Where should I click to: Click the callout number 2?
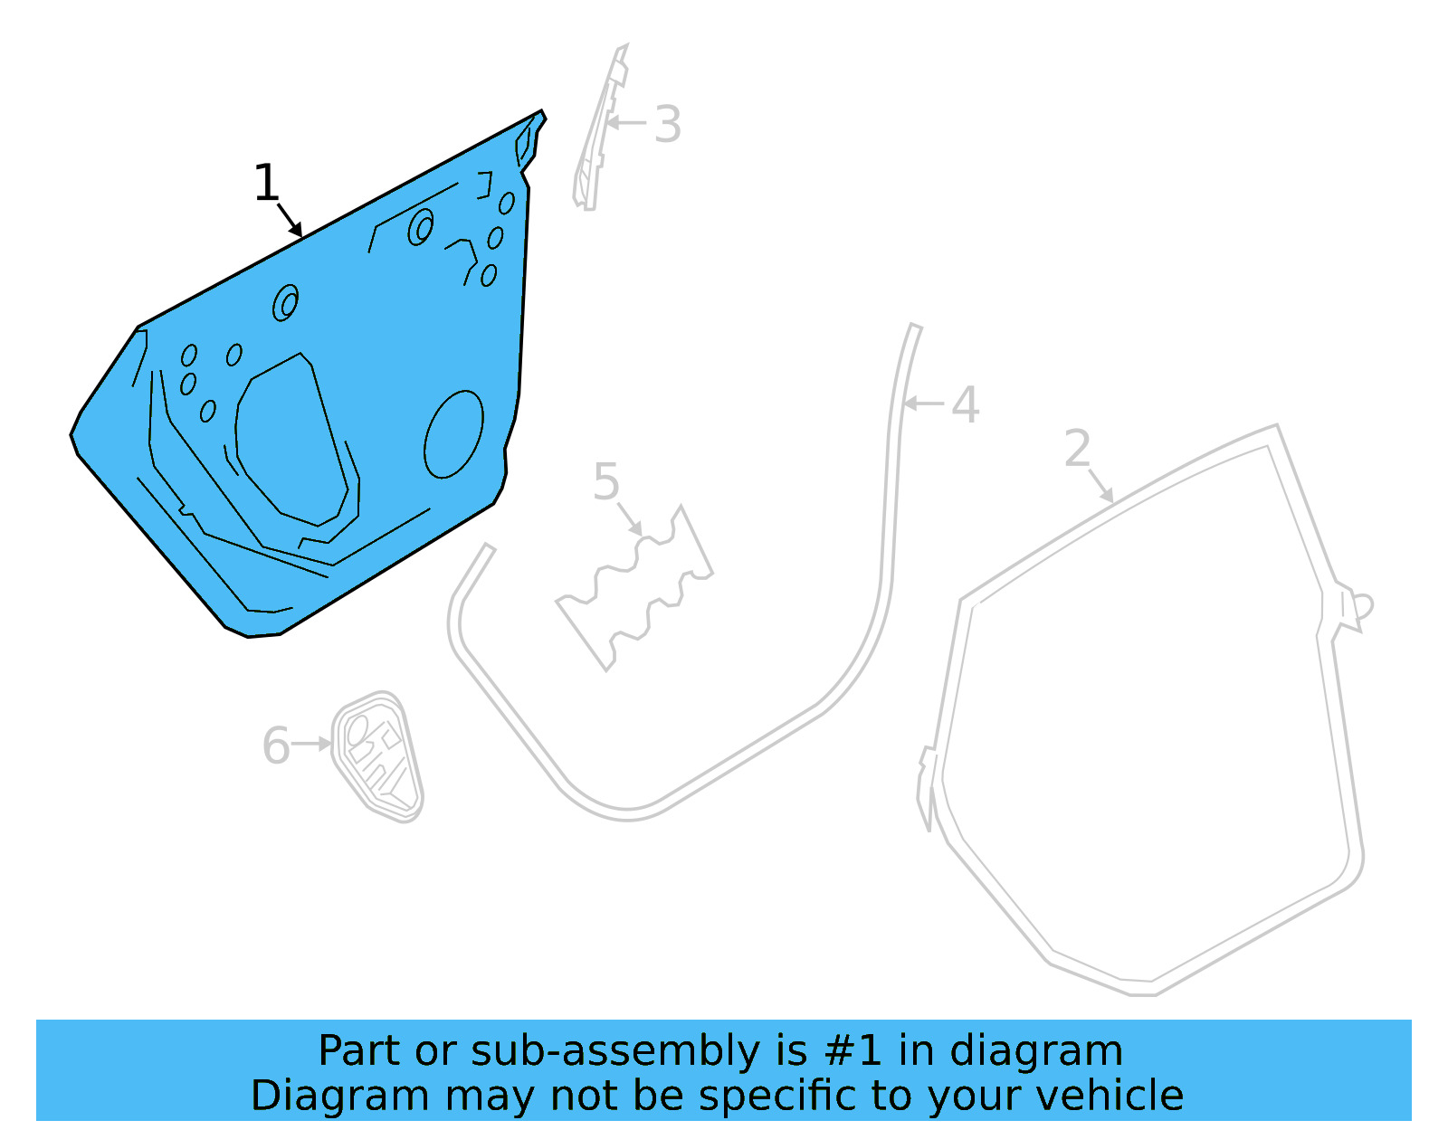tap(1077, 449)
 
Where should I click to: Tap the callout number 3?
tap(667, 125)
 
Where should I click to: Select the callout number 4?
tap(965, 404)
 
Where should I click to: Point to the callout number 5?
tap(606, 481)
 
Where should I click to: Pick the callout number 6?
tap(275, 746)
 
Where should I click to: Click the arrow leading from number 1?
tap(290, 220)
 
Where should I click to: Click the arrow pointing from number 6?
tap(312, 744)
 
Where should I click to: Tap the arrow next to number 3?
tap(626, 122)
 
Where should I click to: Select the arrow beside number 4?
tap(923, 404)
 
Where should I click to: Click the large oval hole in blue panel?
tap(453, 434)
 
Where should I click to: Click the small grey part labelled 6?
tap(378, 758)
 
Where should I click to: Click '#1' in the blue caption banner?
tap(853, 1051)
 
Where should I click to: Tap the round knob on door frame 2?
tap(1364, 606)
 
